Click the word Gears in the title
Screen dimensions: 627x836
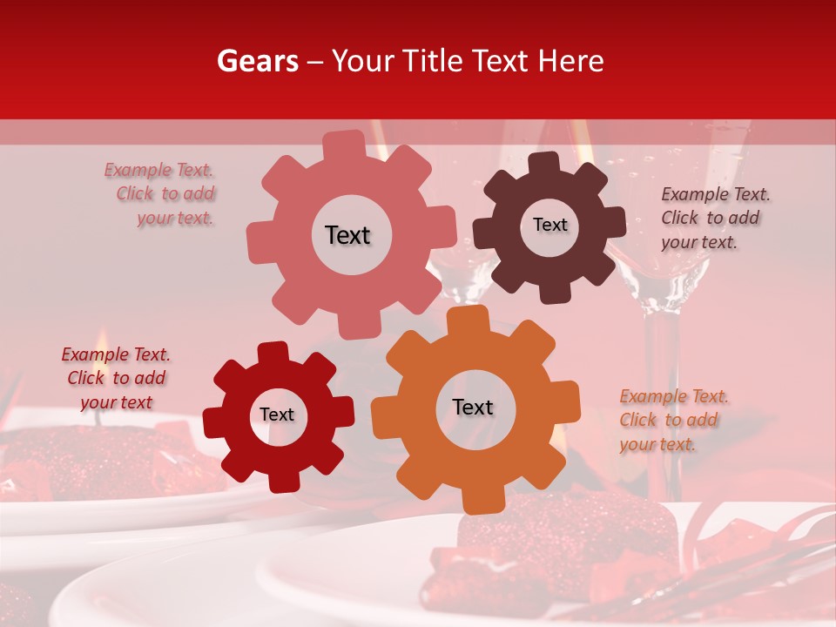pos(258,61)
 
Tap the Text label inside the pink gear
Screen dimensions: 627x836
pos(347,235)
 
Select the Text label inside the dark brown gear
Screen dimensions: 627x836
pos(549,225)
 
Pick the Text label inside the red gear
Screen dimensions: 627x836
pos(277,415)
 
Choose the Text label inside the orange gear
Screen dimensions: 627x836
pos(473,407)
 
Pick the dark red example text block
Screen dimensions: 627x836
pos(116,378)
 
